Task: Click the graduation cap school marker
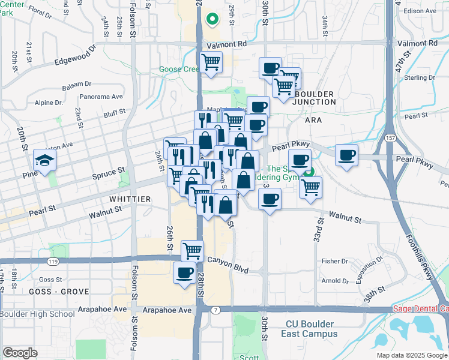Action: click(45, 160)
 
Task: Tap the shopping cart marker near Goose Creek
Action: click(211, 62)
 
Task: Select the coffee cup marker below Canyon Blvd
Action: click(184, 273)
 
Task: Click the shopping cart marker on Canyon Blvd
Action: click(192, 251)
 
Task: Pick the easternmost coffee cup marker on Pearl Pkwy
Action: click(346, 156)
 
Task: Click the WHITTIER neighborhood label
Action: click(128, 199)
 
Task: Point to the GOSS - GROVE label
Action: click(59, 292)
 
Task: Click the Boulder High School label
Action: click(37, 314)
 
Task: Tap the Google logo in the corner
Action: click(20, 353)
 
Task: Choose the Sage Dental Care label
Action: click(420, 309)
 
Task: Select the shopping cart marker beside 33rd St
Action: click(310, 187)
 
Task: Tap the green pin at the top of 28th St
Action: click(211, 19)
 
